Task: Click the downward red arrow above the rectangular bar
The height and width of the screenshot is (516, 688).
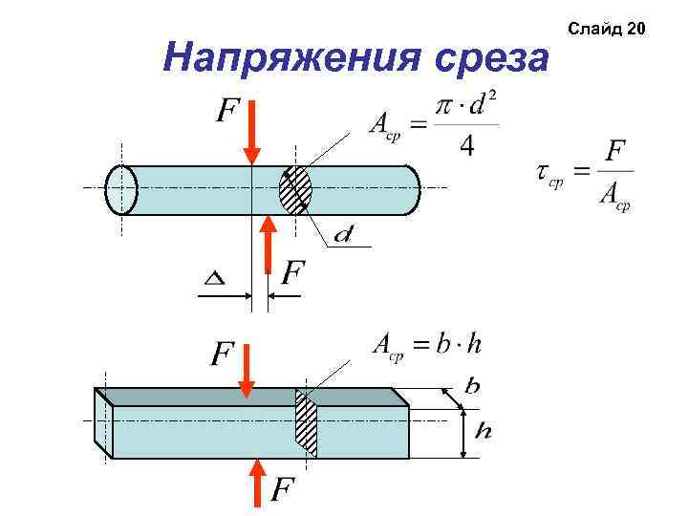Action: (246, 373)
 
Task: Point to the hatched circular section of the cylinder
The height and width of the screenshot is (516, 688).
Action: (295, 190)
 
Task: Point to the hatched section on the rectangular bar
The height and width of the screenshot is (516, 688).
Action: (306, 424)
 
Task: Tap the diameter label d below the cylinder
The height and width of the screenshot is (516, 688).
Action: (344, 233)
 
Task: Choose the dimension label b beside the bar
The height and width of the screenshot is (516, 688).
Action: (472, 386)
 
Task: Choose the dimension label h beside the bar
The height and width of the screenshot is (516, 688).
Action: (484, 432)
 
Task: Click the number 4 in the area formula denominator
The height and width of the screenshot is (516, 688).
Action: (466, 147)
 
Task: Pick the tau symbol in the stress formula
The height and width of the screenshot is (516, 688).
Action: (543, 172)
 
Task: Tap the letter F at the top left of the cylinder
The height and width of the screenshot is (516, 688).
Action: (226, 114)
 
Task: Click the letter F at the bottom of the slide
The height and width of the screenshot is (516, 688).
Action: (281, 491)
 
